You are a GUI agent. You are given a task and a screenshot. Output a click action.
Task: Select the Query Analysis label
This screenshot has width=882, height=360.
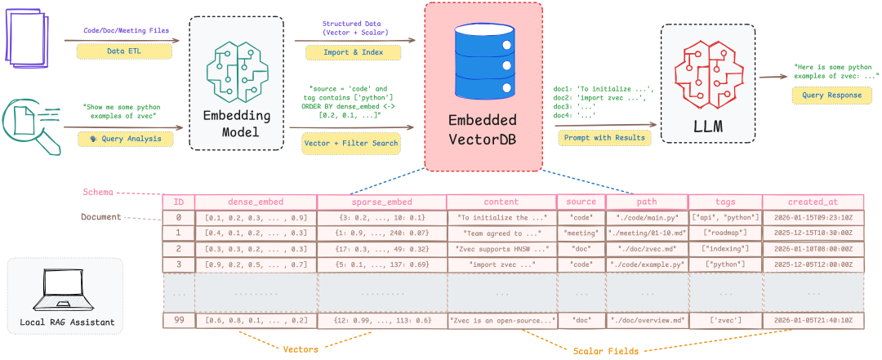point(131,139)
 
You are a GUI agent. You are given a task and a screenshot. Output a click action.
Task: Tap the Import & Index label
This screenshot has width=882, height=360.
point(353,52)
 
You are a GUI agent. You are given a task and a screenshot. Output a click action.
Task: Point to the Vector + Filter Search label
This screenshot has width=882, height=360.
point(351,143)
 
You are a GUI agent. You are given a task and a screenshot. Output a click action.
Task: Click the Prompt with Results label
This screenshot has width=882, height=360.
point(604,137)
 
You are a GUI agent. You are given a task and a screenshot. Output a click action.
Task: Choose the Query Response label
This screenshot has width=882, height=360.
point(831,96)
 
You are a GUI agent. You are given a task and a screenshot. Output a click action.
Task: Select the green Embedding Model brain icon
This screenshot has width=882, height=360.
point(236,73)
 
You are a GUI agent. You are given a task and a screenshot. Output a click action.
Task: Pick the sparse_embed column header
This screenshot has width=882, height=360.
point(381,202)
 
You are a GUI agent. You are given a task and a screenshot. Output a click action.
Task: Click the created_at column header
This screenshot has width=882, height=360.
point(812,202)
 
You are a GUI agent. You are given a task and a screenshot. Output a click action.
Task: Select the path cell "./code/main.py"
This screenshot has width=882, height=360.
point(646,217)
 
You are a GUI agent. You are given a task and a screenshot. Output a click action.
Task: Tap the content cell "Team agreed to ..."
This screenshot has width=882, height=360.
point(501,233)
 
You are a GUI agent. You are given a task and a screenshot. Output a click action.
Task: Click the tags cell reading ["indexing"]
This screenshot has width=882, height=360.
point(725,248)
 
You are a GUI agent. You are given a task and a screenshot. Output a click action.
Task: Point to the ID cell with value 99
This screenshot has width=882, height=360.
point(178,320)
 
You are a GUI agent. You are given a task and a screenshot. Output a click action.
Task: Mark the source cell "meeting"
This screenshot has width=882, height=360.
point(581,233)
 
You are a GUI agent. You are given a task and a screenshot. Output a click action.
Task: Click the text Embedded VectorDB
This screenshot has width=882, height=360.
point(483,129)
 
